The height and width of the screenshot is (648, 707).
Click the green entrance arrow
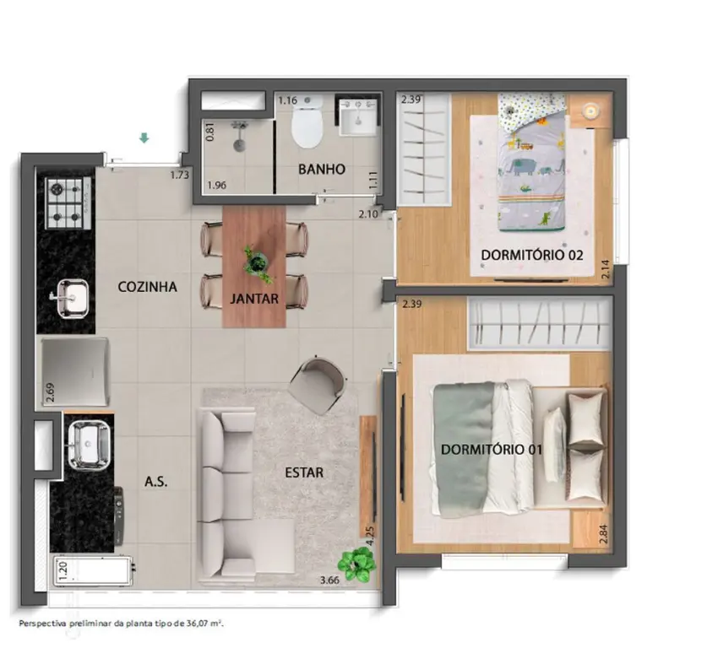point(144,138)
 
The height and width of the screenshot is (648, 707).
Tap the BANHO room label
point(322,170)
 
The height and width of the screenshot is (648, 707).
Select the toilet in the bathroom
point(307,122)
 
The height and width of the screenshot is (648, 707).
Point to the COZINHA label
point(147,287)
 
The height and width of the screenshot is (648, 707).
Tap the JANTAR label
point(254,299)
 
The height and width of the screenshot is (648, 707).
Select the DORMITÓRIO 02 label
point(532,255)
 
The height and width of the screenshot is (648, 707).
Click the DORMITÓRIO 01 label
point(491,450)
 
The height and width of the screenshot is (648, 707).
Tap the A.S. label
point(156,483)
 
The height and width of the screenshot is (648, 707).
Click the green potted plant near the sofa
point(357,564)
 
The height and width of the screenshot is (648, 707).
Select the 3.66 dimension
point(329,580)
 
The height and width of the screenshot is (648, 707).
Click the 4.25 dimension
point(370,537)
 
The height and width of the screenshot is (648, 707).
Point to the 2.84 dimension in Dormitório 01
point(604,534)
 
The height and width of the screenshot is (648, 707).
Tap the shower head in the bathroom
point(239,136)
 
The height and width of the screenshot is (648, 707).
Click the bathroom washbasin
point(358,117)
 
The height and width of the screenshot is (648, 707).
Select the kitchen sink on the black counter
point(69,299)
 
